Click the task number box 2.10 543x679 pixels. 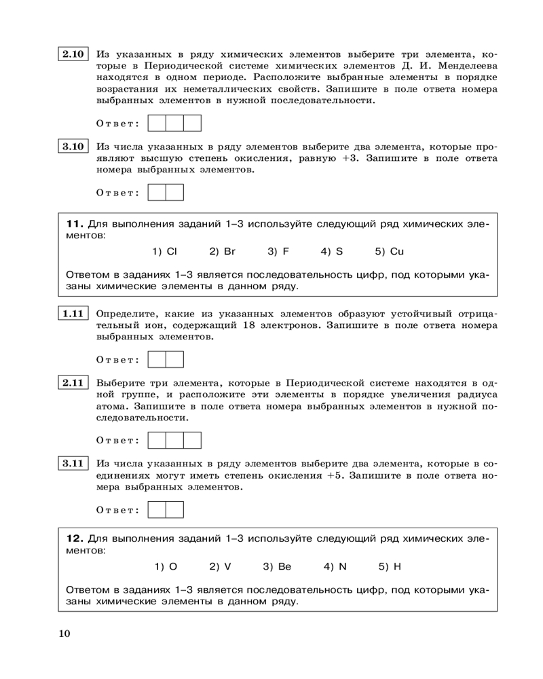(x=73, y=54)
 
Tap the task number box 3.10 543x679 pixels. (x=73, y=147)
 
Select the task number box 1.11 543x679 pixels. (x=73, y=314)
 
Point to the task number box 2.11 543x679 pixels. (x=73, y=383)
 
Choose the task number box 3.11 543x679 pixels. (x=73, y=464)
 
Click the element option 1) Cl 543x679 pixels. (x=164, y=252)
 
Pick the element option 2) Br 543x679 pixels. (x=222, y=252)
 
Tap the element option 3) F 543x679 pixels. (x=278, y=252)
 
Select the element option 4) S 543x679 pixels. (x=332, y=252)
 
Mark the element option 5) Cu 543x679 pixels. (x=390, y=252)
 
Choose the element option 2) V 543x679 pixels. (x=220, y=566)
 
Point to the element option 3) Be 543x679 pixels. (x=277, y=566)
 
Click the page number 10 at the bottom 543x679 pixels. (x=64, y=634)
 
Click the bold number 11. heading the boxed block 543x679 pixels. (x=75, y=223)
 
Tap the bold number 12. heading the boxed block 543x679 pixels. (x=75, y=538)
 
